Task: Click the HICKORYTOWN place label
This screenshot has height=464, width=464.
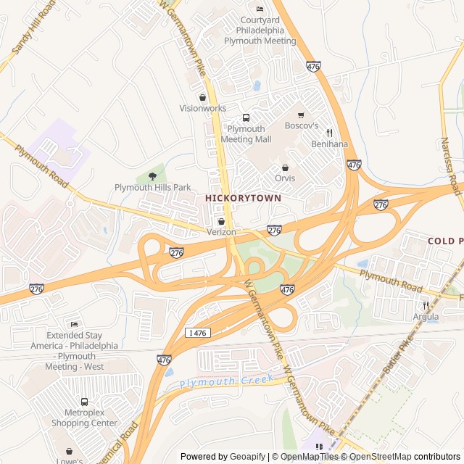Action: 243,197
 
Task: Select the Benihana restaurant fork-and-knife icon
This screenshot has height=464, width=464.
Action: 329,133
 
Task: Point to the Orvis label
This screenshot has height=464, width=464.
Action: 285,178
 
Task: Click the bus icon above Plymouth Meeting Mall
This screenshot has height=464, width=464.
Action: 246,117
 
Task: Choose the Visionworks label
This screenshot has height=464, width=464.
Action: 203,108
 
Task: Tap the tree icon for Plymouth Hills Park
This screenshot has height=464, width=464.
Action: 152,175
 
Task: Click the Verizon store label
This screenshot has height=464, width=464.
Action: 221,231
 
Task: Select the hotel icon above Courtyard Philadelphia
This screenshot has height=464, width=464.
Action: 260,9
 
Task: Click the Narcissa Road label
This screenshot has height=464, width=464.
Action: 451,163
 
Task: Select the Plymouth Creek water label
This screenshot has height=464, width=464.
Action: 227,381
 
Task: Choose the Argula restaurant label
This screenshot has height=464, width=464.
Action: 426,316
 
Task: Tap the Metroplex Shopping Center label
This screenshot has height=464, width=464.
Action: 84,418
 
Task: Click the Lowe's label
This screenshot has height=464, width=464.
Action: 70,460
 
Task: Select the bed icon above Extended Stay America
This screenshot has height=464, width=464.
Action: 74,324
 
